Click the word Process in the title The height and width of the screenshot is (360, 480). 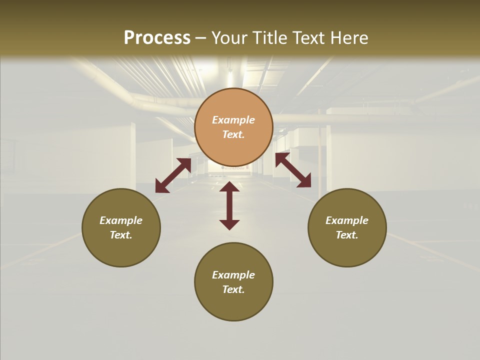point(157,38)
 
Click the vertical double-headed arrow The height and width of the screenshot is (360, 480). point(229,205)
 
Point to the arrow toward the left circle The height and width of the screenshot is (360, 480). point(173,175)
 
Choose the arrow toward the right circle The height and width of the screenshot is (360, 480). point(293,170)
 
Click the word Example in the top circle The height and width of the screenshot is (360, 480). point(233,120)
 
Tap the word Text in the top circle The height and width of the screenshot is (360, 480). point(233,135)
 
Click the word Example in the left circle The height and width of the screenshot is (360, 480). point(121,220)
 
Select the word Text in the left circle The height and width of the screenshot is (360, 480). point(121,235)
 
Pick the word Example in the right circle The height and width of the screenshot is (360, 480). point(347,220)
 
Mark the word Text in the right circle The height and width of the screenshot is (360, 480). point(347,235)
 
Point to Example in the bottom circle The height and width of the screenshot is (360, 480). point(233,275)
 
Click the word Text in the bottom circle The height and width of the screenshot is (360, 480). point(233,290)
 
